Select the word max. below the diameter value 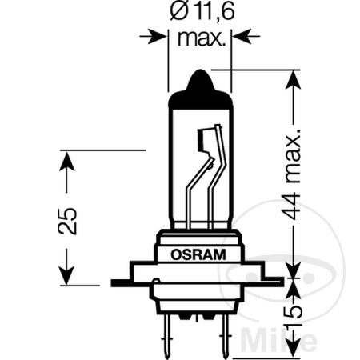click(x=199, y=38)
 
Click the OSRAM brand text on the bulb click(x=198, y=254)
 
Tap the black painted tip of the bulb click(x=198, y=89)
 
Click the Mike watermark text click(x=311, y=332)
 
